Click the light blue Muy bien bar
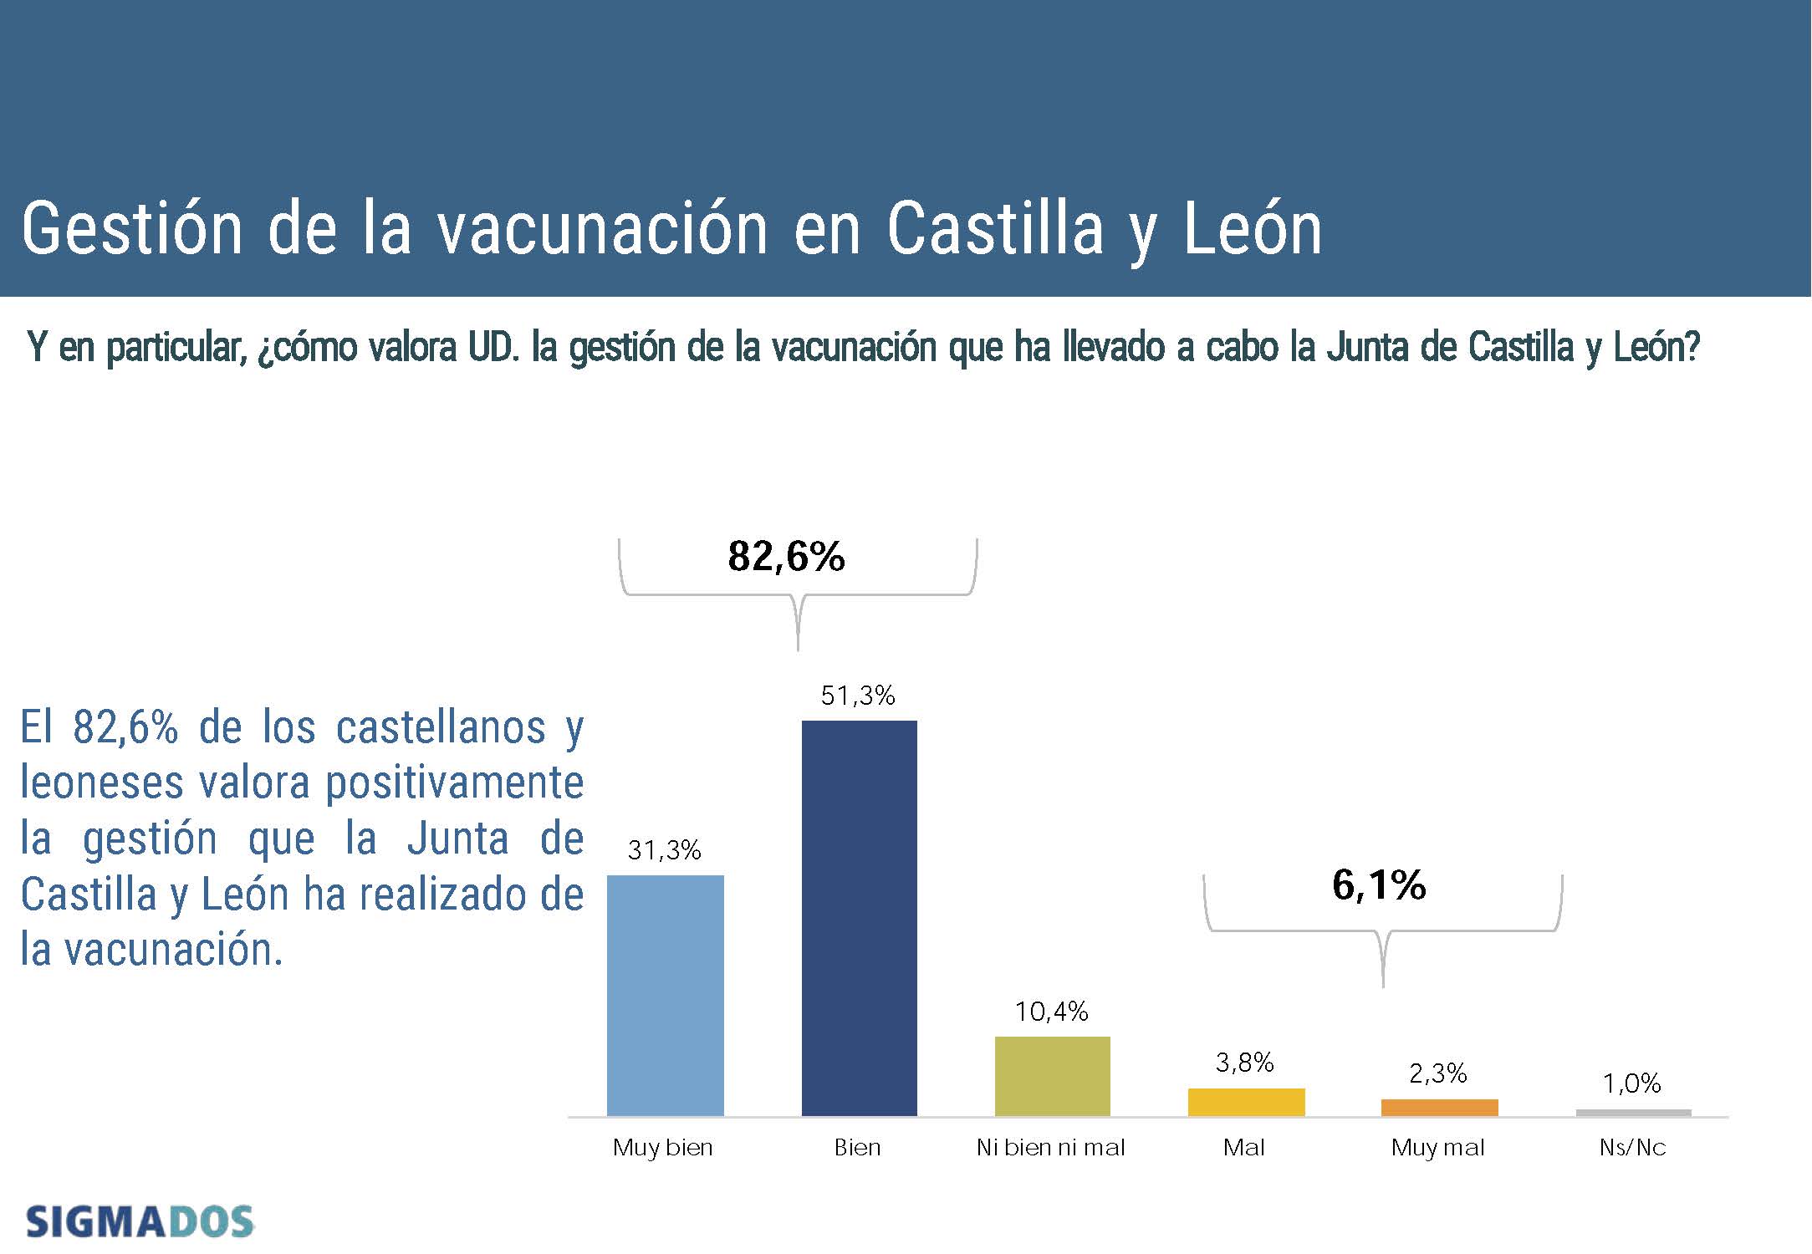tap(665, 995)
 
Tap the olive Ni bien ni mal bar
tap(1052, 1076)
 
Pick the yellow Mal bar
tap(1246, 1102)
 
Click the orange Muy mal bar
tap(1439, 1108)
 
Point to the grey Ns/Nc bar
tap(1633, 1113)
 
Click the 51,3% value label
tap(858, 696)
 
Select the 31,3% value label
tap(664, 850)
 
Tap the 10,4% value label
tap(1051, 1012)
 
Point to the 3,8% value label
tap(1244, 1063)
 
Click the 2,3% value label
tap(1437, 1073)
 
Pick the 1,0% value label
tap(1631, 1084)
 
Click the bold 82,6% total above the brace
tap(786, 557)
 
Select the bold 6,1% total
tap(1379, 885)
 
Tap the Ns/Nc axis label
tap(1632, 1148)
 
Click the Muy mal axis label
tap(1437, 1148)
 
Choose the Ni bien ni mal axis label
tap(1050, 1148)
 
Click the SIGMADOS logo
tap(140, 1222)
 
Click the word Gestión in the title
tap(131, 228)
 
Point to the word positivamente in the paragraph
tap(454, 784)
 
